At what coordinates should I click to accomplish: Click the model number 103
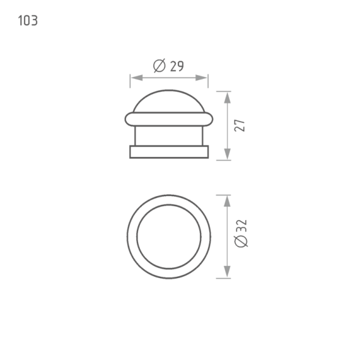click(28, 20)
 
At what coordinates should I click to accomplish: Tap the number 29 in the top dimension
click(177, 66)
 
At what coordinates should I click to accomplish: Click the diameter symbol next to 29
click(160, 65)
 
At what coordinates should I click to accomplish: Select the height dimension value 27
click(240, 125)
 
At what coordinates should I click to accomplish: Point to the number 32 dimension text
click(241, 226)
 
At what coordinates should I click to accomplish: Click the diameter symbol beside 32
click(241, 241)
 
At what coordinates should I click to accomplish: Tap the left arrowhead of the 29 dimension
click(136, 78)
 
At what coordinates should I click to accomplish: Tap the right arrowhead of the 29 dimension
click(202, 78)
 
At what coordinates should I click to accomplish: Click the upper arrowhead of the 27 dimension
click(227, 97)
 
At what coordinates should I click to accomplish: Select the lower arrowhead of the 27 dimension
click(227, 154)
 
